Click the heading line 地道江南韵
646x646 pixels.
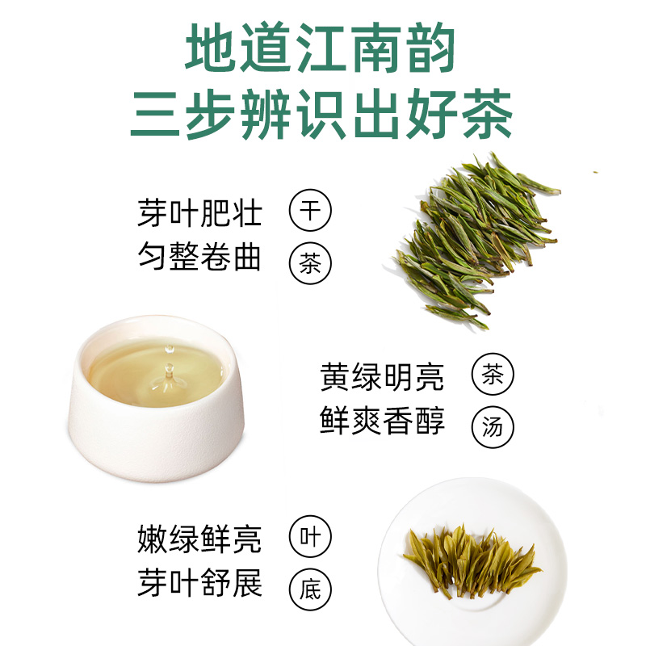pyautogui.click(x=320, y=48)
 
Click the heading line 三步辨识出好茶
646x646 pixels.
pyautogui.click(x=321, y=114)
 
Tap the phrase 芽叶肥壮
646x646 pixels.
pyautogui.click(x=199, y=213)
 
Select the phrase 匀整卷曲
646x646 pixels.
pyautogui.click(x=199, y=256)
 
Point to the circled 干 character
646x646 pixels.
pyautogui.click(x=310, y=210)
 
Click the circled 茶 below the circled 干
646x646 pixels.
pyautogui.click(x=310, y=263)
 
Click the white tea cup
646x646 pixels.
pyautogui.click(x=156, y=398)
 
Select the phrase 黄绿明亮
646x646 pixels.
pyautogui.click(x=382, y=376)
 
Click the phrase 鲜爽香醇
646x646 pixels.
pyautogui.click(x=382, y=420)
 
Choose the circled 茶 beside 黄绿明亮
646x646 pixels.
pyautogui.click(x=493, y=374)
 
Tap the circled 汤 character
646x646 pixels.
pyautogui.click(x=493, y=427)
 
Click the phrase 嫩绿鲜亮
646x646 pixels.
pyautogui.click(x=199, y=539)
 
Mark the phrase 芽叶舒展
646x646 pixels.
pyautogui.click(x=199, y=582)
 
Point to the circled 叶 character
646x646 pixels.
pyautogui.click(x=310, y=536)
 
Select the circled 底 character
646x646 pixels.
pyautogui.click(x=310, y=589)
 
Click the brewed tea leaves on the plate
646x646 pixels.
pyautogui.click(x=472, y=561)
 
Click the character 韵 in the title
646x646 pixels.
pyautogui.click(x=431, y=48)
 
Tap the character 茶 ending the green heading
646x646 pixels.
pyautogui.click(x=488, y=114)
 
